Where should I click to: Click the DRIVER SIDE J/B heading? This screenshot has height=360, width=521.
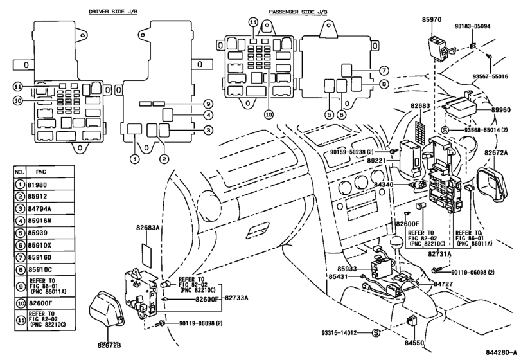pos(113,12)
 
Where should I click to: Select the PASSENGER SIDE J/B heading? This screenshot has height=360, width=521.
pos(298,12)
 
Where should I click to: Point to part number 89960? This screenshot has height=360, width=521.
pos(501,110)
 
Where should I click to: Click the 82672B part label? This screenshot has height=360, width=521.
pos(109,345)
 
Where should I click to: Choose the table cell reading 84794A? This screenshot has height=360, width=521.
pos(40,209)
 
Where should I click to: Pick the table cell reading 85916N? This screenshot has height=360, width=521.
pos(39,221)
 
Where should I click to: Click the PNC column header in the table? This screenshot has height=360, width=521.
pos(41,172)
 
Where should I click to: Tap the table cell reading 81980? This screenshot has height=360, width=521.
pos(37,184)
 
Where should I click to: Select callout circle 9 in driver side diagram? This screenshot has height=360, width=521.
pos(208,104)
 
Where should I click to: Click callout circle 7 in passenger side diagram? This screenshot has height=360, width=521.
pos(384,71)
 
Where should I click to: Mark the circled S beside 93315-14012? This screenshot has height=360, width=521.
pos(375,332)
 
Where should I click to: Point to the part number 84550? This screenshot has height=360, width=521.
pos(414,343)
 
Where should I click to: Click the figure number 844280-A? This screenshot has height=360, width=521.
pos(501,352)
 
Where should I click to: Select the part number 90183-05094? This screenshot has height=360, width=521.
pos(472,26)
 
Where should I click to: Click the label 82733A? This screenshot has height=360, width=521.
pos(236,298)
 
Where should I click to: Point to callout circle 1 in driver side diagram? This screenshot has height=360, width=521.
pos(134,159)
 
